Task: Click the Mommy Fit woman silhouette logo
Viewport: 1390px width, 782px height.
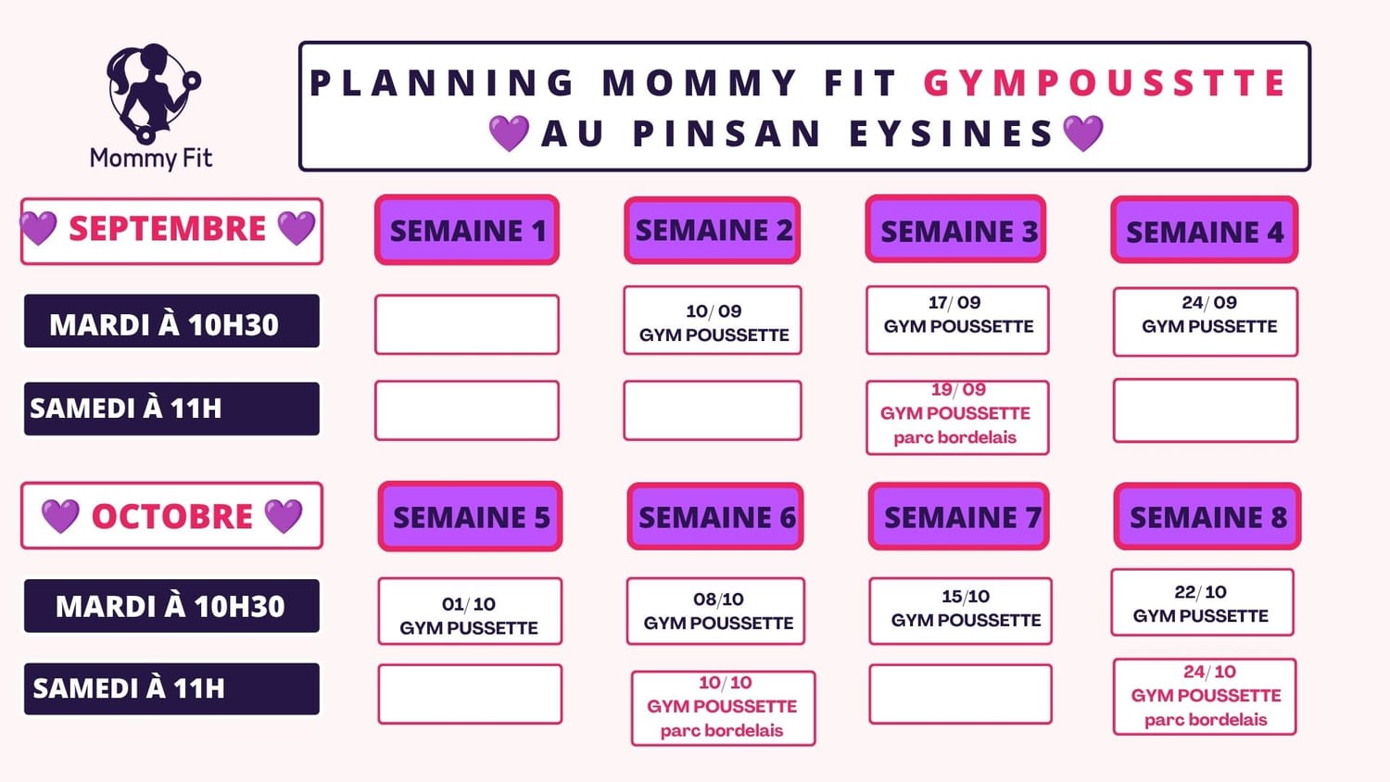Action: pos(153,93)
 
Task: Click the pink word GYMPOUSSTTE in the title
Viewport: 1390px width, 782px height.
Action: pos(1106,83)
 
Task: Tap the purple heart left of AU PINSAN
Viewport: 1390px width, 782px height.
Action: pos(509,132)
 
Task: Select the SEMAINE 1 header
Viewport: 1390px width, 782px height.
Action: pos(467,231)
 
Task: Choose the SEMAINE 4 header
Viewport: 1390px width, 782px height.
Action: pos(1205,231)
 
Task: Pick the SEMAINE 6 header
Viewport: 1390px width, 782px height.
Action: pos(715,516)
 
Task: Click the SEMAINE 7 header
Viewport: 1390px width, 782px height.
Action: pos(959,516)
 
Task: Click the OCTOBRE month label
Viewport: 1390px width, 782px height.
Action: pos(171,516)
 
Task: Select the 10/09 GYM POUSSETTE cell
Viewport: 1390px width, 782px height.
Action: pos(713,321)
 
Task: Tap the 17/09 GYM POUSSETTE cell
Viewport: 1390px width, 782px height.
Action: pos(957,321)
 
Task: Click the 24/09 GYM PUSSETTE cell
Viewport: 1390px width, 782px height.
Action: pos(1206,322)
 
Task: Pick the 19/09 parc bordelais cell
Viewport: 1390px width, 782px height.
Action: pos(957,417)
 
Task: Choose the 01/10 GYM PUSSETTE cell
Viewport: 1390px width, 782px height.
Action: pos(470,612)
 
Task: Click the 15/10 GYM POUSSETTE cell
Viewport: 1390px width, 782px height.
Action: pos(961,611)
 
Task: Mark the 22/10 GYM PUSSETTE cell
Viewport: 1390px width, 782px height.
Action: pos(1203,602)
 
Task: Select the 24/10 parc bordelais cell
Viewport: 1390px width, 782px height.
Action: pos(1205,697)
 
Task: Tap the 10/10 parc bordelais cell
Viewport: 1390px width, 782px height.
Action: pos(724,708)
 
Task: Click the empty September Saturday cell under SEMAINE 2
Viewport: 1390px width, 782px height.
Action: pos(713,410)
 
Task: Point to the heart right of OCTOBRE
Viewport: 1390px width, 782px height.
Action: pos(283,516)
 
